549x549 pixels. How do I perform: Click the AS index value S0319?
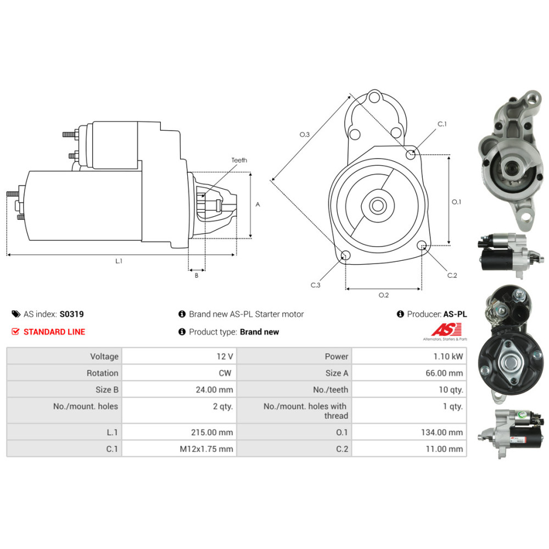pos(71,315)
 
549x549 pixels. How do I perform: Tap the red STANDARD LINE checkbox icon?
pos(15,332)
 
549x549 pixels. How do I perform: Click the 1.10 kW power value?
pos(449,356)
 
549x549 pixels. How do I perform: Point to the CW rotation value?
pos(226,373)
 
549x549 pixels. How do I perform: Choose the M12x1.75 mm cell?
pos(206,449)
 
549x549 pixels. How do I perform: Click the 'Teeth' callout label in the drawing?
pos(239,160)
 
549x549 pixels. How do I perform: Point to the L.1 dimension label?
pos(119,261)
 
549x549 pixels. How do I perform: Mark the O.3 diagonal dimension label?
pos(305,134)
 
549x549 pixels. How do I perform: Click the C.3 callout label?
pos(315,285)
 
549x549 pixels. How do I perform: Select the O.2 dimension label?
pos(384,295)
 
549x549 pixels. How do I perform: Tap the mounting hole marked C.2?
pos(423,245)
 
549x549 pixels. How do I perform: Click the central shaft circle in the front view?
pos(377,206)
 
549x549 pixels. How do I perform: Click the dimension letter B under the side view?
pos(197,276)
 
